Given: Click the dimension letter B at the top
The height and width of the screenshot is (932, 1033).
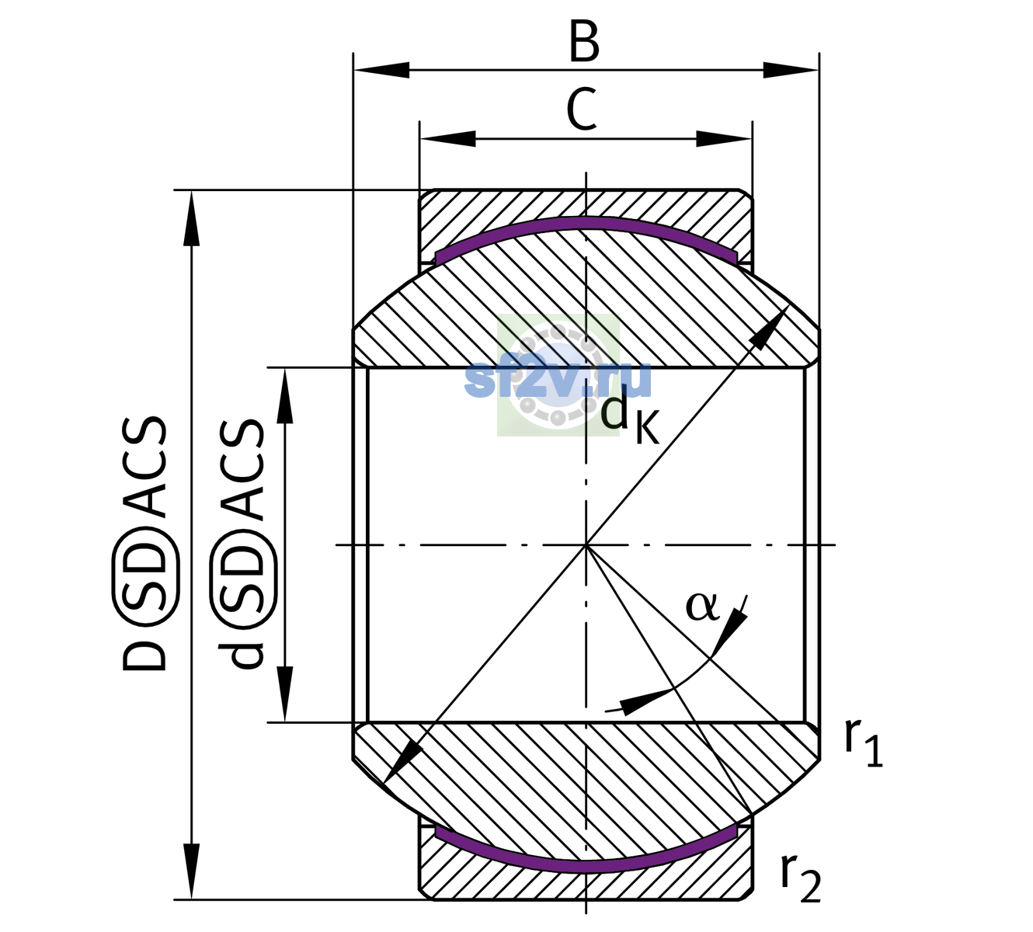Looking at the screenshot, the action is pyautogui.click(x=584, y=43).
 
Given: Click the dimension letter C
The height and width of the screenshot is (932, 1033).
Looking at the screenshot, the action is pyautogui.click(x=582, y=110).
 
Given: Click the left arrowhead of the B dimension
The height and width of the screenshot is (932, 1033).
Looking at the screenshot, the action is pyautogui.click(x=381, y=70).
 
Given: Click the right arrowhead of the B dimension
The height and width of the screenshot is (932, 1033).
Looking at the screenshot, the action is pyautogui.click(x=791, y=70).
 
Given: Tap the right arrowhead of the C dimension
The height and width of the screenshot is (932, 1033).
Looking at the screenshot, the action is pyautogui.click(x=724, y=138).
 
